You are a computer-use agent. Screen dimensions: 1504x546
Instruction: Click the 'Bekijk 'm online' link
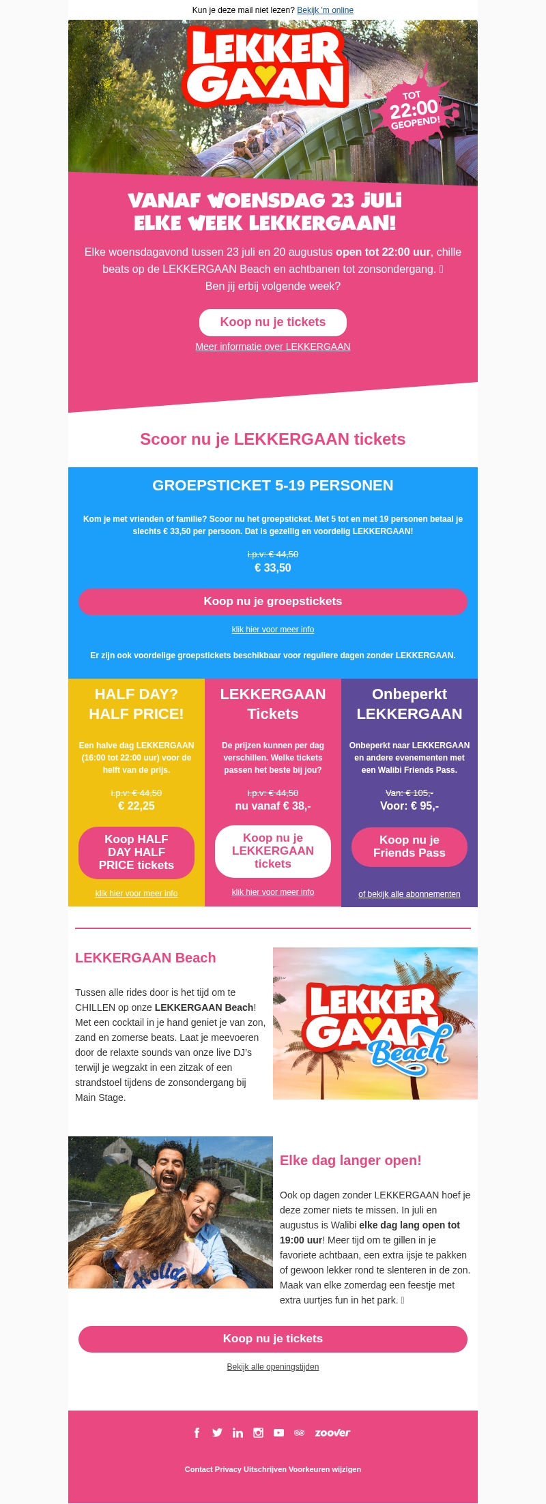(325, 10)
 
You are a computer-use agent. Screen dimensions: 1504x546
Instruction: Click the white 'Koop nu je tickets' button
(273, 323)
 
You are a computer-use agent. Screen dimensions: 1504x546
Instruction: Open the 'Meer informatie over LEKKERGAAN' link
(273, 346)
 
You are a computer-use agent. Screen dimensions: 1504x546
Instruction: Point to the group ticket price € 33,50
(273, 568)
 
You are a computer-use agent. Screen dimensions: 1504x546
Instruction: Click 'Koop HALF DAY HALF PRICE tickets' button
(136, 853)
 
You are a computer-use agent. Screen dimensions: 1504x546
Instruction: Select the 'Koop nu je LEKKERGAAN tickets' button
(273, 851)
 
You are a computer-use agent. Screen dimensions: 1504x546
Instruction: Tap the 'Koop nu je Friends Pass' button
(409, 846)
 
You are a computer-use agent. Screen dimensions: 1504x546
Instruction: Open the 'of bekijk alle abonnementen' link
(409, 894)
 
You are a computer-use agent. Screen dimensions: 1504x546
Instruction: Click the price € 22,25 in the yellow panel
(136, 806)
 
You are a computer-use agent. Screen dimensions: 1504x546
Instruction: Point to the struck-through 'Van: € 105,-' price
(409, 793)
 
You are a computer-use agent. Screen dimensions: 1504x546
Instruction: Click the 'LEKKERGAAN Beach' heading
(145, 958)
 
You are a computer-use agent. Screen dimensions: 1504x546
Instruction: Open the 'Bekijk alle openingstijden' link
(273, 1367)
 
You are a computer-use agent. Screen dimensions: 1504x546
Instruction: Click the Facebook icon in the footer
(197, 1433)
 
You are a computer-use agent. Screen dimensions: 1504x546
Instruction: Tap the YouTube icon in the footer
(278, 1433)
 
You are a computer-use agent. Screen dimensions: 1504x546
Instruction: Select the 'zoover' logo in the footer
(332, 1433)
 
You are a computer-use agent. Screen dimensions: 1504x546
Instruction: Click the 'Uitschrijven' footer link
(265, 1469)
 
